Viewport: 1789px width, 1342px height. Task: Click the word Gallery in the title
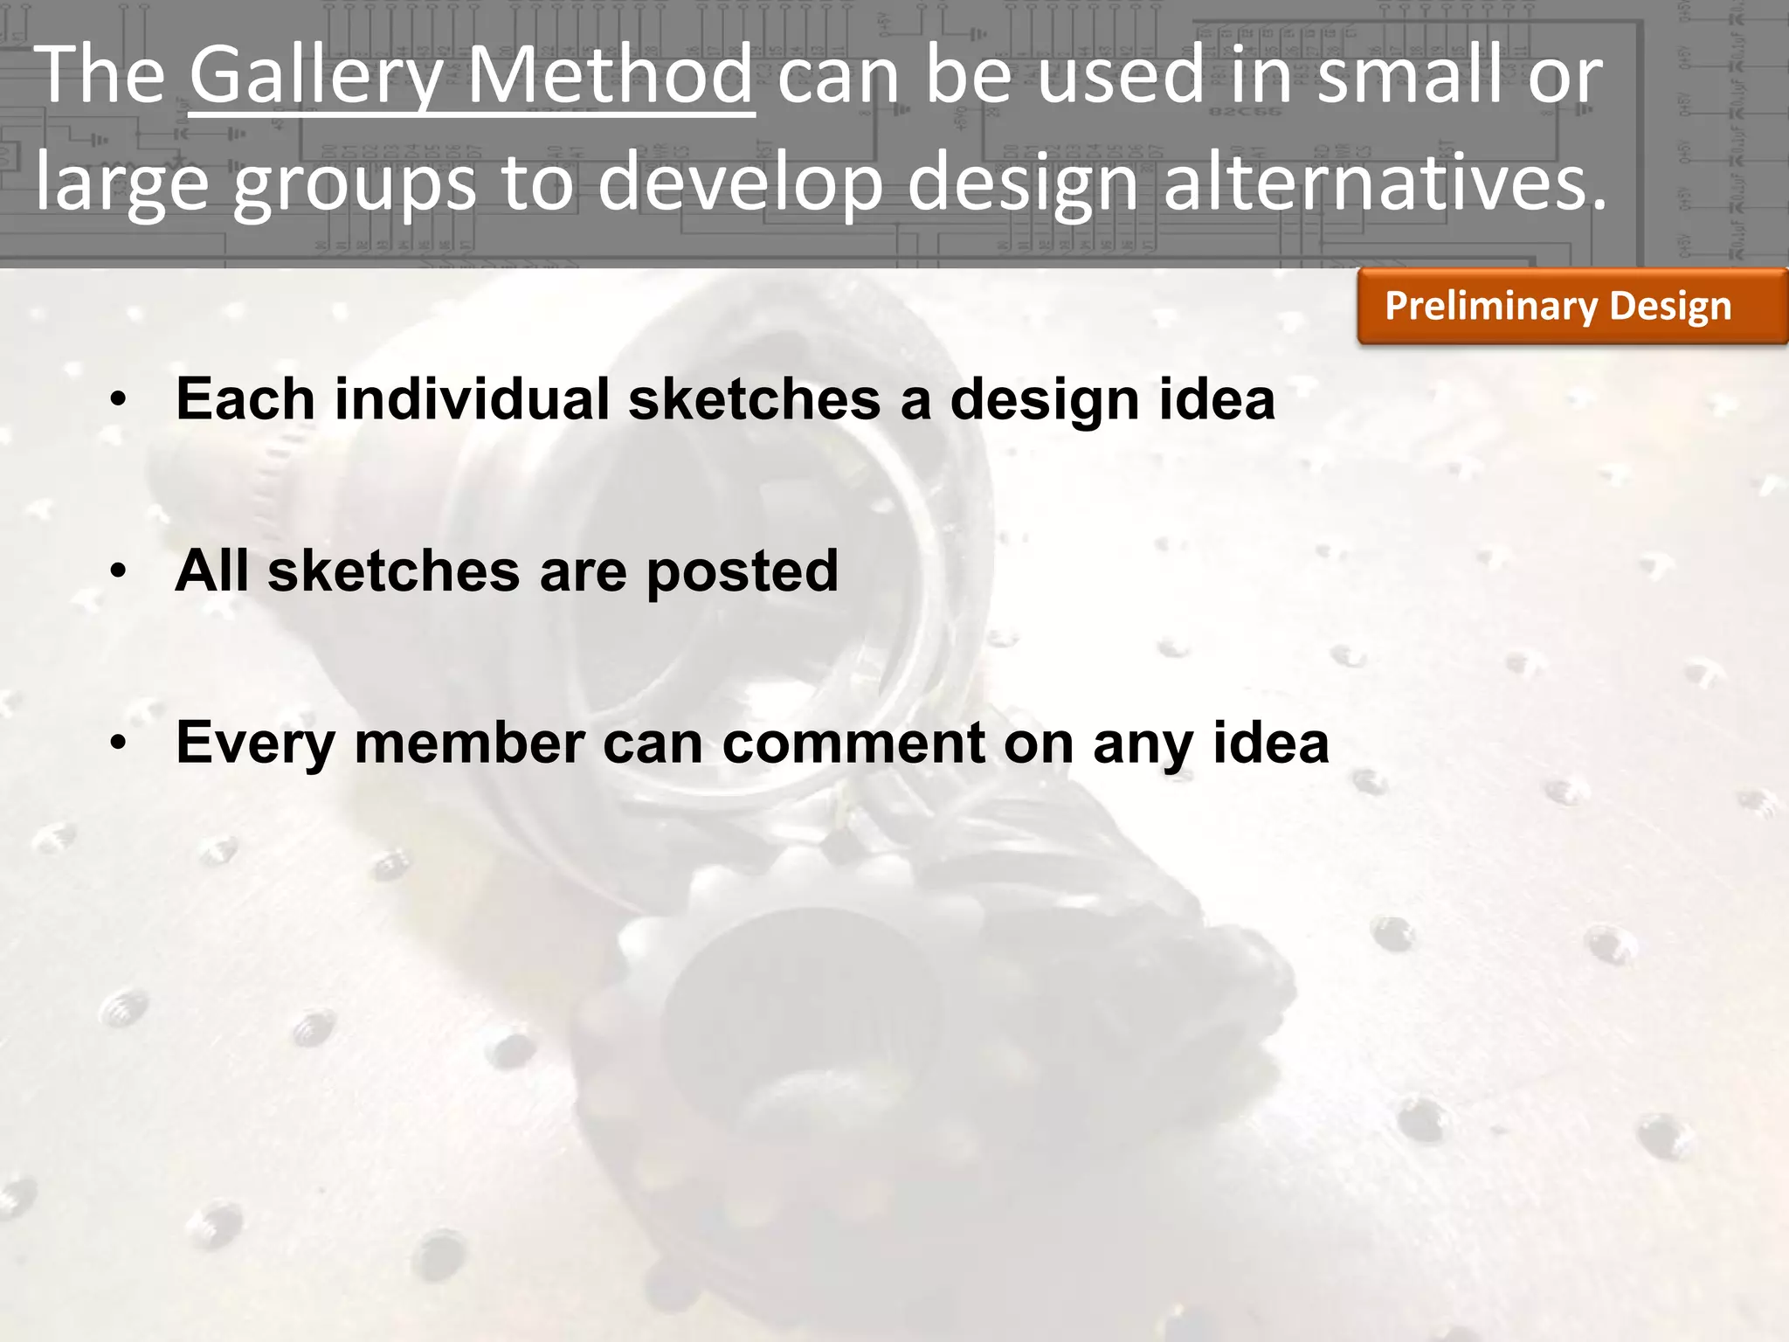coord(314,77)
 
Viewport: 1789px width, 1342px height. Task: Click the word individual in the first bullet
coord(472,399)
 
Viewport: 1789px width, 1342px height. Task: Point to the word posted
coord(742,573)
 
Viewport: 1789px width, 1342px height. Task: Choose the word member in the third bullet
coord(469,744)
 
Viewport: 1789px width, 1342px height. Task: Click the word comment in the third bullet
coord(853,744)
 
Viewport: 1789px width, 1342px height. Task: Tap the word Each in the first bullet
coord(245,399)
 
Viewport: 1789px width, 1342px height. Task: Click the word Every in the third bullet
coord(255,745)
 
